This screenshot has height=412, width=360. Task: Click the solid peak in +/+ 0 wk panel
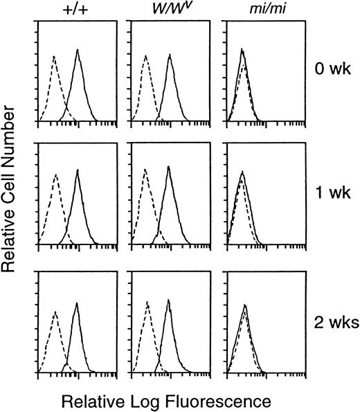point(78,51)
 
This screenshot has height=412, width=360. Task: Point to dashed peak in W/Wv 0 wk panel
point(145,55)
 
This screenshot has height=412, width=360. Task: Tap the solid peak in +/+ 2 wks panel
point(77,303)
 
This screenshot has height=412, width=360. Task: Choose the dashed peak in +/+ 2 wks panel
point(55,312)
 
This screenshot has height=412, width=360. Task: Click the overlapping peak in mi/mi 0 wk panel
point(242,50)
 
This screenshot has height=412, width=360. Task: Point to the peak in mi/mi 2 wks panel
point(244,305)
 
